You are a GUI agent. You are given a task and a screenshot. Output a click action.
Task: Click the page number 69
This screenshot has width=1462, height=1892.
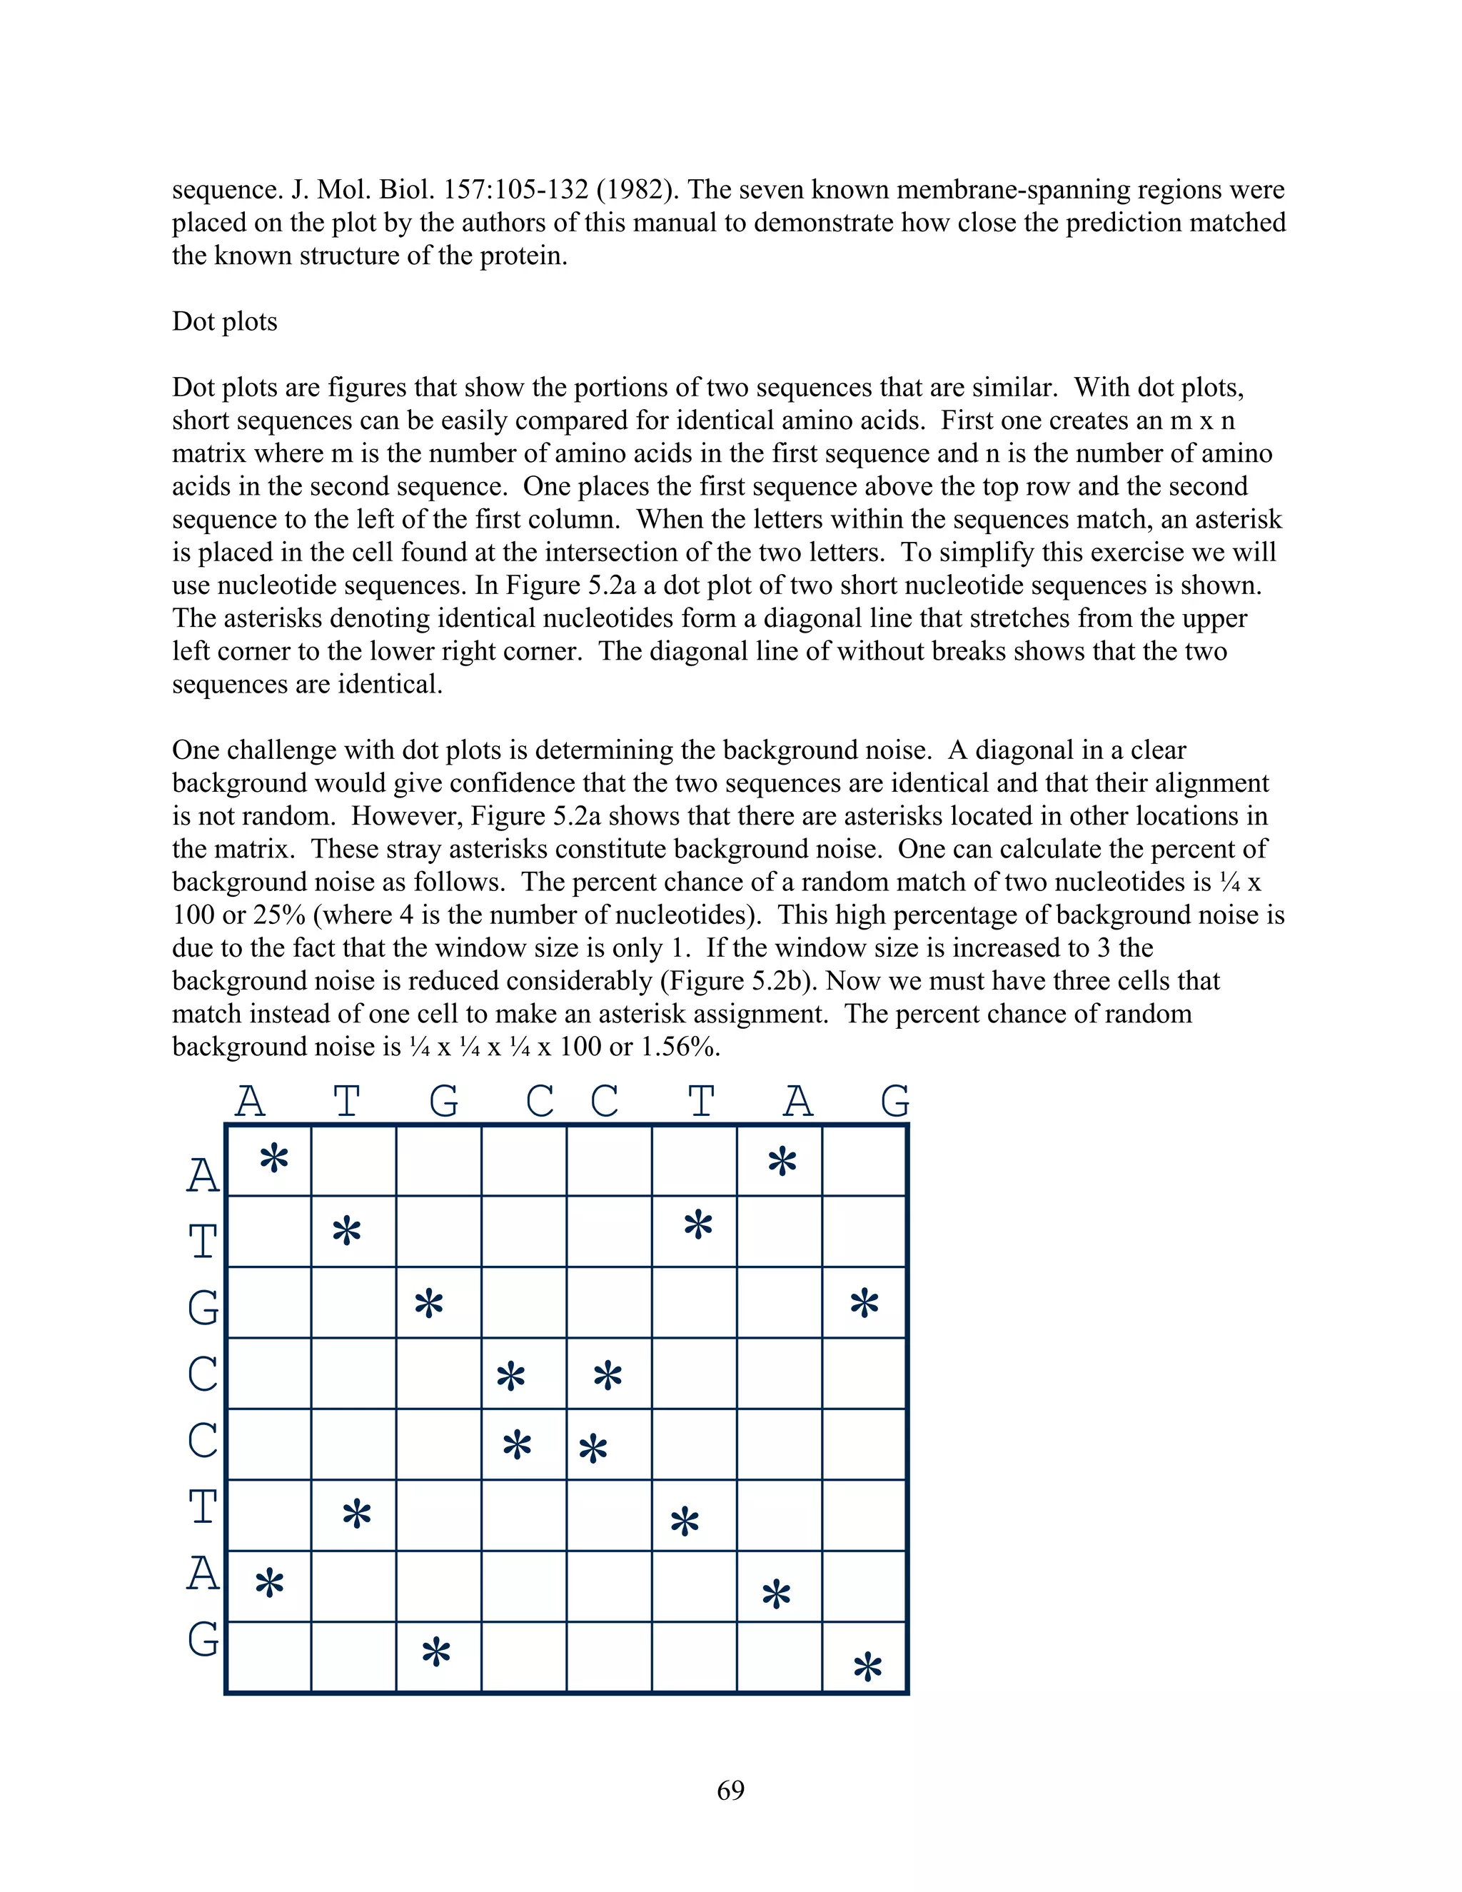click(730, 1789)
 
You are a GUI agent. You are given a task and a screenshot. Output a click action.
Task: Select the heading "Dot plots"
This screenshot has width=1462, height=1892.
click(224, 321)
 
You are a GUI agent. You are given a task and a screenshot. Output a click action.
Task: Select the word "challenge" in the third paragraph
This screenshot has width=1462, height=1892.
click(283, 750)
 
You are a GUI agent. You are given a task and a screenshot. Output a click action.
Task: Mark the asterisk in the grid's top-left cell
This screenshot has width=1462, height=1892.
click(273, 1159)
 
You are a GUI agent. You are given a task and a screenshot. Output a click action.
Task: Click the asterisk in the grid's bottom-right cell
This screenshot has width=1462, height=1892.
click(867, 1667)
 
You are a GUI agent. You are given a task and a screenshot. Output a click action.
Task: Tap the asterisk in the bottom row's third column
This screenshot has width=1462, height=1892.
click(435, 1653)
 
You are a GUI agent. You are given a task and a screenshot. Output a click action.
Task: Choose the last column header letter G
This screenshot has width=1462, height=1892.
click(894, 1102)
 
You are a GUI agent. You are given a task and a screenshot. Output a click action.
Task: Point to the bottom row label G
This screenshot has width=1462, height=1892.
click(203, 1639)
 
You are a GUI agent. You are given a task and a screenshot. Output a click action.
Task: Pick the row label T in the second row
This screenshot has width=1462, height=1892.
click(203, 1242)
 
